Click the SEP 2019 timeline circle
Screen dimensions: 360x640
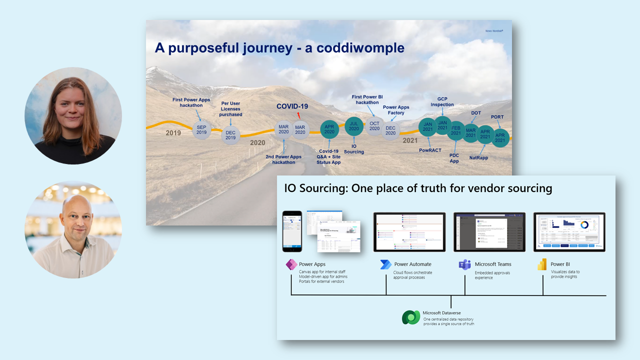(201, 129)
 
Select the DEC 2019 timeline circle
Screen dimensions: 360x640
(231, 135)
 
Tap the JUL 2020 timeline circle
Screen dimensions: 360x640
(354, 125)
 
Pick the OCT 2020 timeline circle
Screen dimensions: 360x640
(374, 126)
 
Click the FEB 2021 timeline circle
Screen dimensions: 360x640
(455, 130)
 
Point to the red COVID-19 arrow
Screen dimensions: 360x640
(299, 115)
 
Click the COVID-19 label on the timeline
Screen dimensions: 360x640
(292, 106)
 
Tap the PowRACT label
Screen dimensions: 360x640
(429, 150)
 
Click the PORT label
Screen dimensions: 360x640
(497, 117)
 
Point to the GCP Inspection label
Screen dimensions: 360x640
(442, 101)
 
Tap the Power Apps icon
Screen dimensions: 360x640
(291, 264)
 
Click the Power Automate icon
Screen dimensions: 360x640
(386, 264)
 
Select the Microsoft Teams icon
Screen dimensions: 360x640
(465, 264)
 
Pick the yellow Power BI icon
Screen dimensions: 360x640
(542, 264)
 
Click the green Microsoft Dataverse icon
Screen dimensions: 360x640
(411, 317)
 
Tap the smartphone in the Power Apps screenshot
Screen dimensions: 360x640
(292, 231)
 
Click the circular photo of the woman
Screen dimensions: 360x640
(73, 115)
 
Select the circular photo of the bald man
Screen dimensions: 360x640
(73, 229)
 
